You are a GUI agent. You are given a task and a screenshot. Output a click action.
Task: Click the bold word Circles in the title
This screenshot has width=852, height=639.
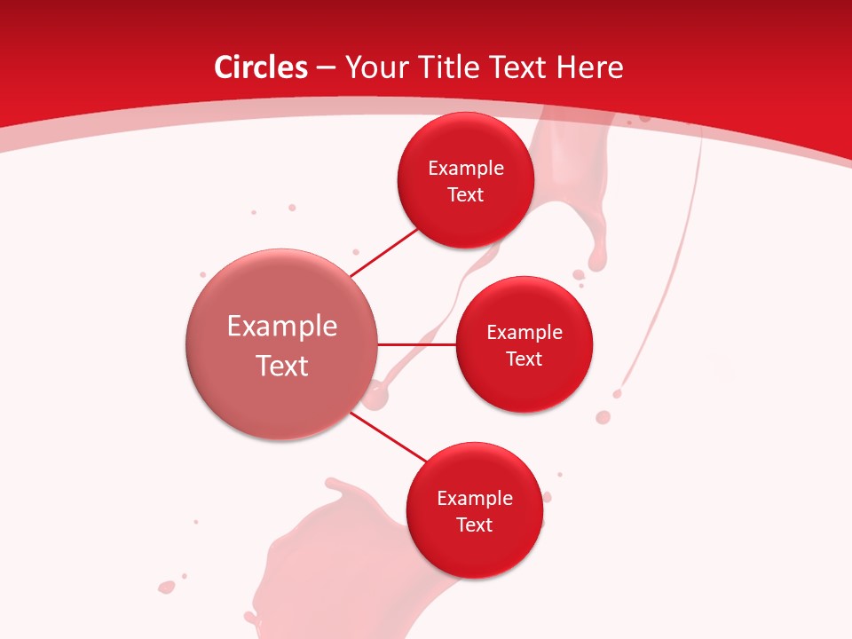point(260,67)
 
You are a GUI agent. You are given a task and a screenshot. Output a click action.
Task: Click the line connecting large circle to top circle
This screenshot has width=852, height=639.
point(383,252)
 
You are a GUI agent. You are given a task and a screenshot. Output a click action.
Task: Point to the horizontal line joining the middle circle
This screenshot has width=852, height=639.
point(417,344)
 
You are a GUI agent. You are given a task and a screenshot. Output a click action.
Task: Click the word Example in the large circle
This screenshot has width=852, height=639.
point(282,327)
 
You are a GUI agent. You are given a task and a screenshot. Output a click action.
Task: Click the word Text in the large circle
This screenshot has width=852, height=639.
point(282,366)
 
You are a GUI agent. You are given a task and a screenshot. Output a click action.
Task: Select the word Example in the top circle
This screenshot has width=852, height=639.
point(466,169)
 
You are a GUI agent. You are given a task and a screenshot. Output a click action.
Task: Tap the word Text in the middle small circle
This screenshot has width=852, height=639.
point(524,359)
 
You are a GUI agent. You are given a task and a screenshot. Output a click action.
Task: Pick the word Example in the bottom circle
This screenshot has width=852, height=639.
point(475,499)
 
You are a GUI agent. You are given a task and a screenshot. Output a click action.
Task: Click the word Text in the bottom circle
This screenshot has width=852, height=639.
point(474,525)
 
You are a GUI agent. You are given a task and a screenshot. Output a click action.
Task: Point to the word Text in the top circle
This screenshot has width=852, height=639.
point(465,195)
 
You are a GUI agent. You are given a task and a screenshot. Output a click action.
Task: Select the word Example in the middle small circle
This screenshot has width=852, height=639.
point(525,333)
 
